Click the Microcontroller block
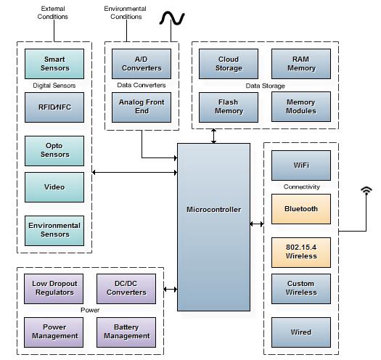213,227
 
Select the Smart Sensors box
54,64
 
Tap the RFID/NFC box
54,107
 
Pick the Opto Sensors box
54,151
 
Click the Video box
54,187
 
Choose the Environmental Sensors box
54,231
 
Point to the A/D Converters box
142,64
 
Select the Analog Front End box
142,107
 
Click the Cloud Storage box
229,64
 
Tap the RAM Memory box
301,64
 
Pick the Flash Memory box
229,107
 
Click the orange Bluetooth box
301,209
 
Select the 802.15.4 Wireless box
301,253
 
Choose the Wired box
301,332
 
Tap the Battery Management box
126,332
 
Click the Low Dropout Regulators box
54,289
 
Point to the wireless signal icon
366,190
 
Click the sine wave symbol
172,18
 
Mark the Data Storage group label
265,86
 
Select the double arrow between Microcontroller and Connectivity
257,224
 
